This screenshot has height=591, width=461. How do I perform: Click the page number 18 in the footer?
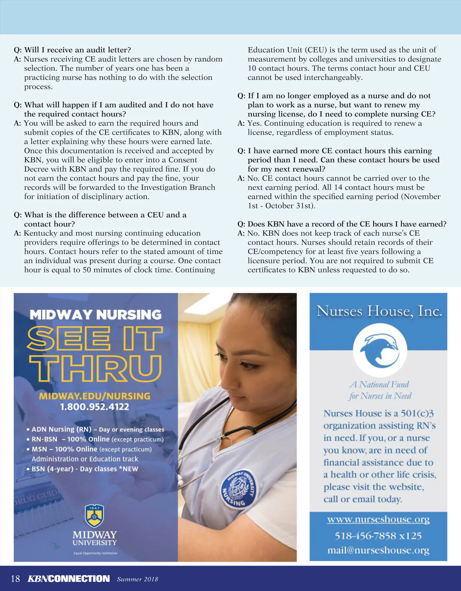point(15,579)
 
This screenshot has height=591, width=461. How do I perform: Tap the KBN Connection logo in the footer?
point(69,579)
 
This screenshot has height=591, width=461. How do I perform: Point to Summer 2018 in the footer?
point(138,579)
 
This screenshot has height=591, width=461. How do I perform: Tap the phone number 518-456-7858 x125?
point(378,535)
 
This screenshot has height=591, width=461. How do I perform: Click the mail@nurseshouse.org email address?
point(378,550)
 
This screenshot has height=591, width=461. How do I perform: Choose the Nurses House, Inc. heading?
point(379,311)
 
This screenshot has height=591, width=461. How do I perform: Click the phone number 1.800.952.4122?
point(95,407)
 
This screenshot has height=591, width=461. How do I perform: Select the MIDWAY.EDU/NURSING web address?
point(95,396)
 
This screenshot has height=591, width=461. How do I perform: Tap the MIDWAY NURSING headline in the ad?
point(96,315)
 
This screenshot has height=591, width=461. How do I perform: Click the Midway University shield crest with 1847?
point(95,516)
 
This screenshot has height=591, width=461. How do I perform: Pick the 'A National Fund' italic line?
point(380,385)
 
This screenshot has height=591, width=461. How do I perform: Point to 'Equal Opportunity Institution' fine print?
point(95,553)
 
